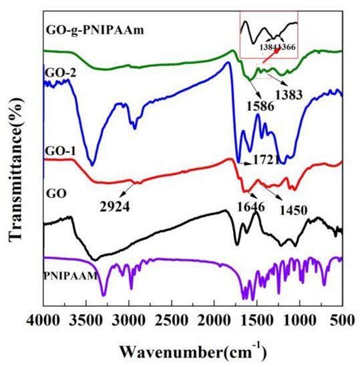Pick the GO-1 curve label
pos(61,152)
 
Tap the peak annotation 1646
pos(251,207)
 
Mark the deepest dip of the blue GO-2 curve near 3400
pos(92,163)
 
